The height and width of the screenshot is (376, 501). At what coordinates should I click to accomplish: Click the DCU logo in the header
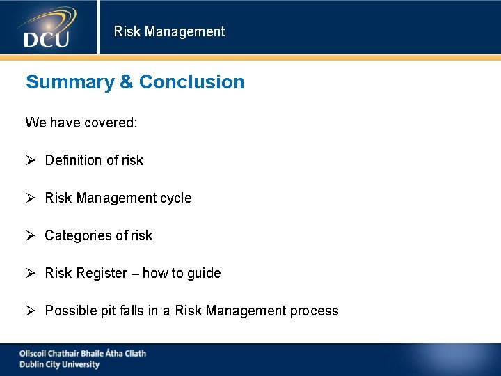click(47, 28)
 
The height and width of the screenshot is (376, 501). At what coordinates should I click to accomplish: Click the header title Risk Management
click(169, 31)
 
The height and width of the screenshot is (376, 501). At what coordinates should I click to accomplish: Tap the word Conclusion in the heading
click(191, 82)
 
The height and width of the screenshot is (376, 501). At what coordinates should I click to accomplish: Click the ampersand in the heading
click(126, 82)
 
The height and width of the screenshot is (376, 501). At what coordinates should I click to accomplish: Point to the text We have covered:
click(81, 123)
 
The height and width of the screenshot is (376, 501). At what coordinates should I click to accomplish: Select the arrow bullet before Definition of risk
click(31, 160)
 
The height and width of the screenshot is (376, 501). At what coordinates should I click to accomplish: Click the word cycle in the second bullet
click(175, 198)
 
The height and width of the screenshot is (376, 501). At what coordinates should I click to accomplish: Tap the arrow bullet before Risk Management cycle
click(31, 198)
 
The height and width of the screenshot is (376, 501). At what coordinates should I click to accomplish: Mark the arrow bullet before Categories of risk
click(31, 235)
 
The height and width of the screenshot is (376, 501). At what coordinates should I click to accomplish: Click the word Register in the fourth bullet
click(102, 273)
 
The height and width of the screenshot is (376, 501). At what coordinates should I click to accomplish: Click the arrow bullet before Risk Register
click(31, 273)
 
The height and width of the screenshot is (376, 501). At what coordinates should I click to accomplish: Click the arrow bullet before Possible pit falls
click(31, 311)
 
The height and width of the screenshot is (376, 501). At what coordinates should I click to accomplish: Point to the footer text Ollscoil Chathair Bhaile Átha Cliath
click(83, 353)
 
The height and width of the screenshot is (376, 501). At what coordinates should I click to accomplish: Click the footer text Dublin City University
click(59, 364)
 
